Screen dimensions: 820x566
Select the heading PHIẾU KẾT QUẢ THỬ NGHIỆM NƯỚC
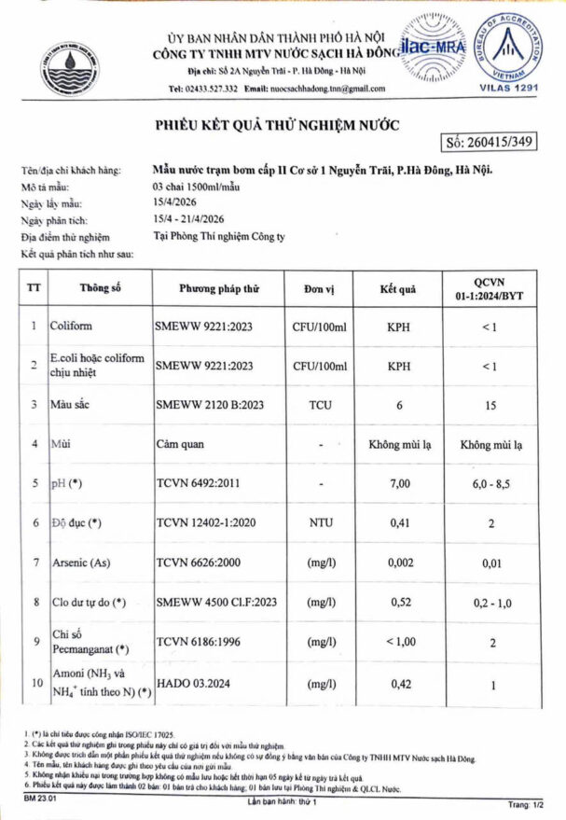coord(276,125)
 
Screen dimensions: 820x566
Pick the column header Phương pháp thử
coord(218,289)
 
